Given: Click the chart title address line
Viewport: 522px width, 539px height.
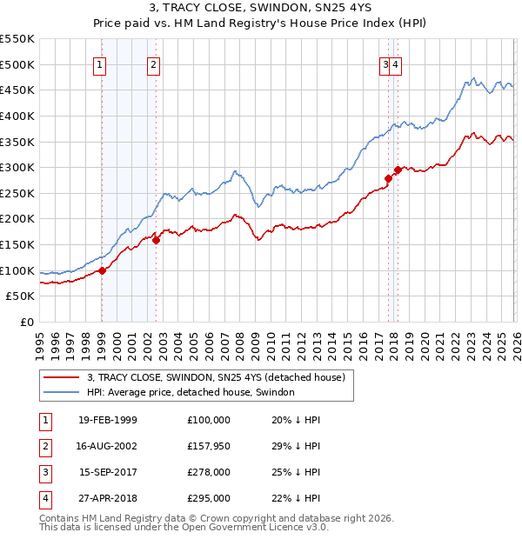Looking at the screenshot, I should pyautogui.click(x=261, y=10).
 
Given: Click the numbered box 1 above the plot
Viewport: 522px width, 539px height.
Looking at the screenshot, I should pyautogui.click(x=101, y=63).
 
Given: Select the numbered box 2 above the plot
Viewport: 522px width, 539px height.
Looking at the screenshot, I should pyautogui.click(x=153, y=63).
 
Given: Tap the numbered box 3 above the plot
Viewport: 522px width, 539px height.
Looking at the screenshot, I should pyautogui.click(x=385, y=63).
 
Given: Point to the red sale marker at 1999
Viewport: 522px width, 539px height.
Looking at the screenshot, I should pyautogui.click(x=102, y=270).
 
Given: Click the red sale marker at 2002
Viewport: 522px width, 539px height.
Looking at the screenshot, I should pyautogui.click(x=156, y=241).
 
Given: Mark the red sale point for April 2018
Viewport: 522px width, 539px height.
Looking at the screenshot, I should pyautogui.click(x=398, y=170).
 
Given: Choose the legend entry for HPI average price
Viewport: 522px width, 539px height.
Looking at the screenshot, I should pyautogui.click(x=191, y=392).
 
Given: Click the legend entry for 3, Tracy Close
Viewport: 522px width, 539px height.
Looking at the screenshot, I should pyautogui.click(x=217, y=377).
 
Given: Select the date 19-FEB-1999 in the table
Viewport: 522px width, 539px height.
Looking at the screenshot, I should pyautogui.click(x=107, y=420).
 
